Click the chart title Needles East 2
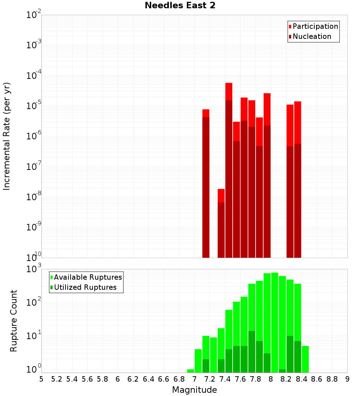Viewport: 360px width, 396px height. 180,6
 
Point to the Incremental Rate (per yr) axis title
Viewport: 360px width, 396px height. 7,136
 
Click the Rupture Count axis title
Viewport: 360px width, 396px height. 14,321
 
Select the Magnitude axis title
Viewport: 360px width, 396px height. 194,390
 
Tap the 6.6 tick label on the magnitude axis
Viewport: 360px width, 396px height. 164,379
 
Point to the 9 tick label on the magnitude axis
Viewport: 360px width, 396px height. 347,379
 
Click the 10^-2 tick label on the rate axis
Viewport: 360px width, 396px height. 34,15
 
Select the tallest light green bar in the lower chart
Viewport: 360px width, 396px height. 275,322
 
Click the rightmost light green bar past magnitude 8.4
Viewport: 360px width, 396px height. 305,359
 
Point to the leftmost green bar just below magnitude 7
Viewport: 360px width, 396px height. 190,371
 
